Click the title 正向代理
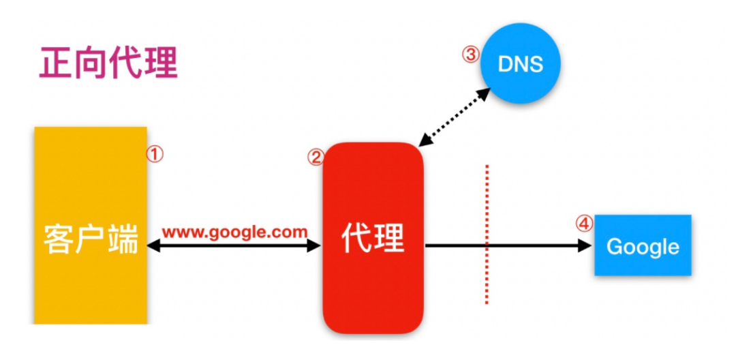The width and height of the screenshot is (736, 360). [108, 63]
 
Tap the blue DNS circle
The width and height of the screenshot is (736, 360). [521, 64]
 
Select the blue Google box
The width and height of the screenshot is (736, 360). [643, 245]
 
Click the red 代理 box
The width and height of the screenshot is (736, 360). [373, 239]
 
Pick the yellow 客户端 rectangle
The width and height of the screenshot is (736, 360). [91, 225]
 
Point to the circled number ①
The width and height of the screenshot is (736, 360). [155, 154]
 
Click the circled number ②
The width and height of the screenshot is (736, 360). [315, 158]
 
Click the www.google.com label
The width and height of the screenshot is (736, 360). [235, 231]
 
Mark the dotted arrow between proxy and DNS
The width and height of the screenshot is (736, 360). [454, 117]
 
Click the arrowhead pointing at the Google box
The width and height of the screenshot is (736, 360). [585, 246]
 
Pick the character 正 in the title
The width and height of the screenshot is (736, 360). [56, 63]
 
